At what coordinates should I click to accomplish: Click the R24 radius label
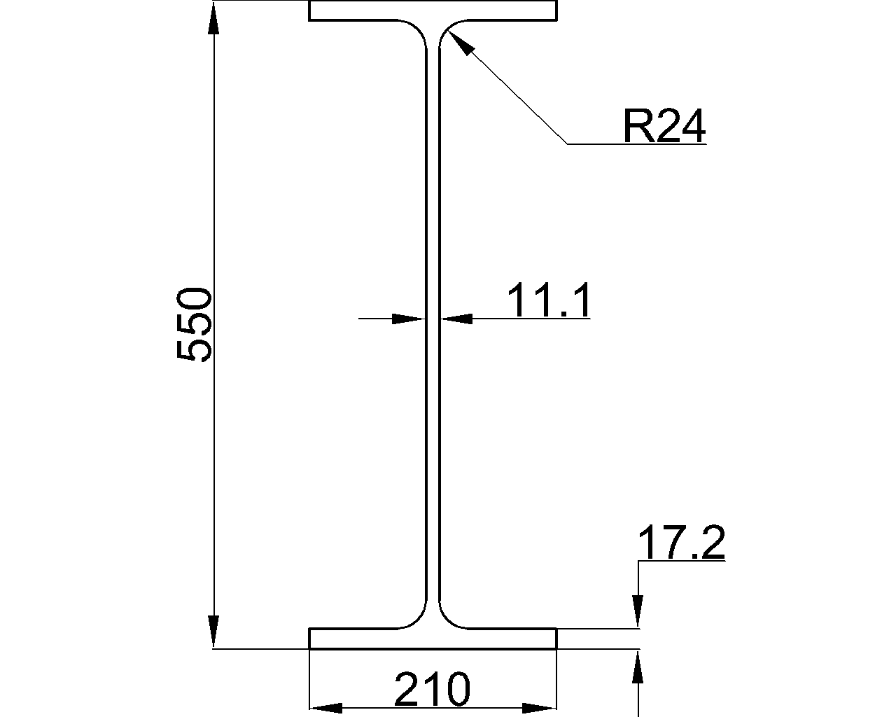pyautogui.click(x=664, y=127)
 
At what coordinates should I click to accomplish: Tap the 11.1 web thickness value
pyautogui.click(x=549, y=300)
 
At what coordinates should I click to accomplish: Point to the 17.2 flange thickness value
pyautogui.click(x=681, y=544)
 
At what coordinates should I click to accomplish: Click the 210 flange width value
pyautogui.click(x=432, y=690)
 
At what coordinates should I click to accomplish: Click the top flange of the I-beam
pyautogui.click(x=433, y=11)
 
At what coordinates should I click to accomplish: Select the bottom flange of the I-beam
pyautogui.click(x=433, y=639)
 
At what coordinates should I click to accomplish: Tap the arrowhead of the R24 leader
pyautogui.click(x=461, y=43)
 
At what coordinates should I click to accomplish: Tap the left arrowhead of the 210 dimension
pyautogui.click(x=326, y=708)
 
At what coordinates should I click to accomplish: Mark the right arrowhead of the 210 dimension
pyautogui.click(x=540, y=708)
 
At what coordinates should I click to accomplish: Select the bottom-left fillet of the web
pyautogui.click(x=417, y=620)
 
